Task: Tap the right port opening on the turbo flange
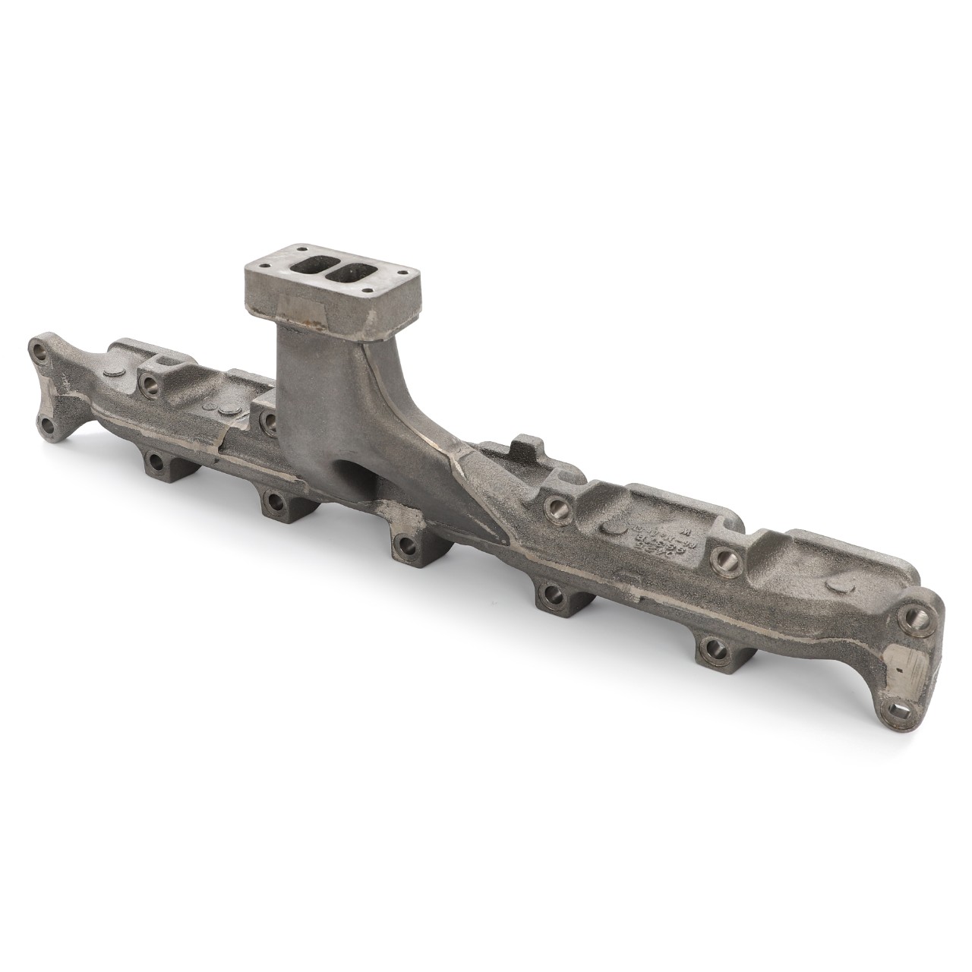click(354, 273)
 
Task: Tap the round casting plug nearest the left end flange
click(113, 373)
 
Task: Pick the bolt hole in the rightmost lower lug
click(712, 648)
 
